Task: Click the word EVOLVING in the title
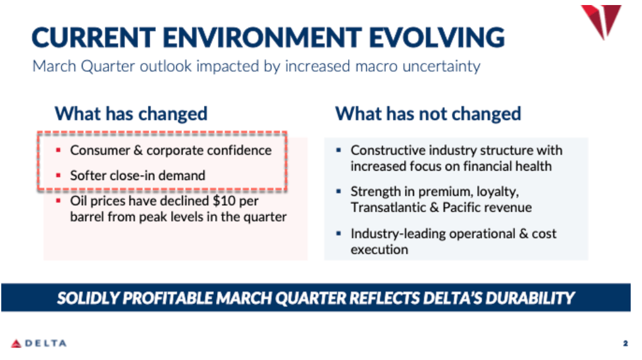coord(437,37)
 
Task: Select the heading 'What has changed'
coord(131,114)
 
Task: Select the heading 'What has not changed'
coord(428,114)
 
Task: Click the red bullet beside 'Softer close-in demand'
coord(58,175)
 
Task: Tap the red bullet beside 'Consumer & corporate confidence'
coord(58,150)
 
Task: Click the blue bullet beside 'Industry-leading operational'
coord(339,233)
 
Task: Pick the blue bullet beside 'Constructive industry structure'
coord(339,150)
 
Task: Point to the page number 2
coord(626,344)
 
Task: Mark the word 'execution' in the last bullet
coord(380,249)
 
